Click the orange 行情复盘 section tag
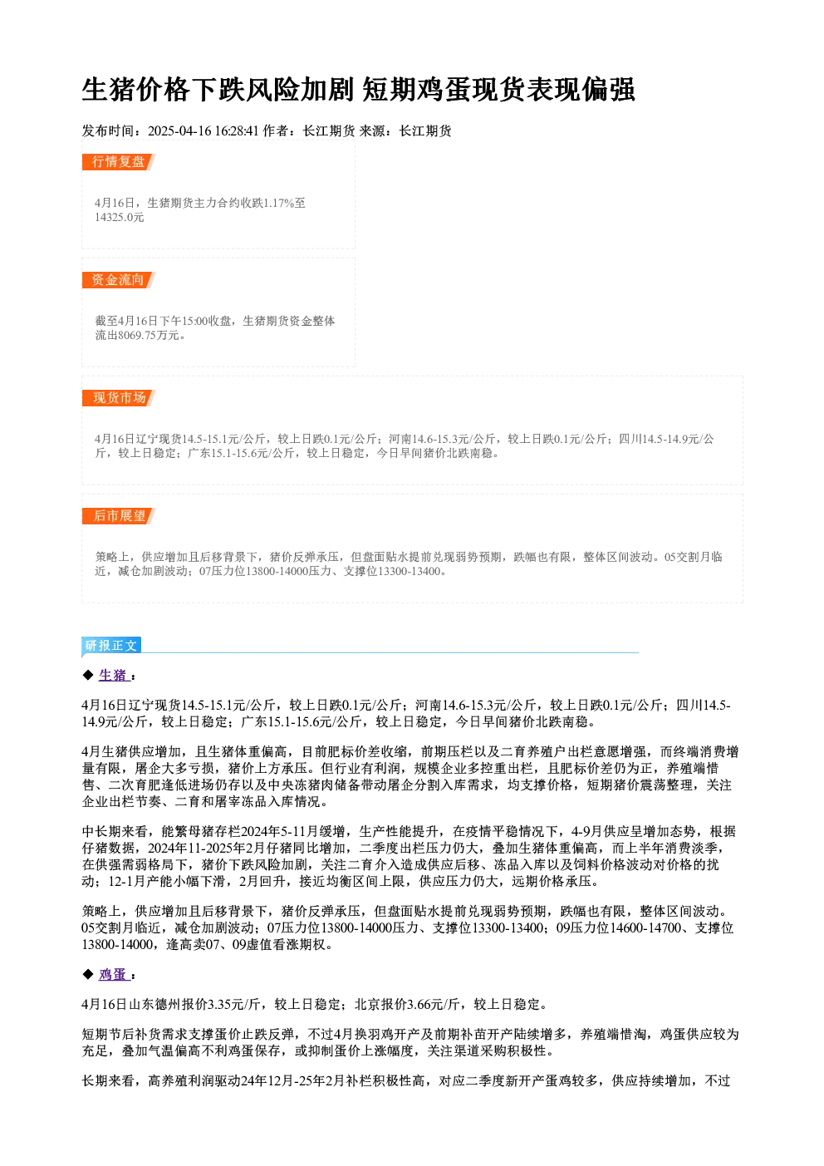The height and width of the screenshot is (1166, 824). (x=119, y=162)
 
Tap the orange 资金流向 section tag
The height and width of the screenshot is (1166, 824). (x=119, y=280)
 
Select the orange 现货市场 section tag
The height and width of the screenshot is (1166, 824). (x=119, y=398)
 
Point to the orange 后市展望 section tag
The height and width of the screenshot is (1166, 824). (x=119, y=516)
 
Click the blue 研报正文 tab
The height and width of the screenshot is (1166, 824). (x=111, y=646)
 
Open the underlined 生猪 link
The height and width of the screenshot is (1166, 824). (x=113, y=676)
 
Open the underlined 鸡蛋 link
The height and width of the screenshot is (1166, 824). (x=113, y=975)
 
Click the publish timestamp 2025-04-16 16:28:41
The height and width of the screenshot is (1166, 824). (x=204, y=130)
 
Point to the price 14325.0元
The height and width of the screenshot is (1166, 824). (x=119, y=218)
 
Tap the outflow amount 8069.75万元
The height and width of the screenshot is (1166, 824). (x=143, y=336)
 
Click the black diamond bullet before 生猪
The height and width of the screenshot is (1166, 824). (x=87, y=675)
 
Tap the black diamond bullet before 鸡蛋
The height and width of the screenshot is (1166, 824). (x=87, y=974)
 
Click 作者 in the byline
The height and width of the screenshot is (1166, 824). (x=276, y=130)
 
